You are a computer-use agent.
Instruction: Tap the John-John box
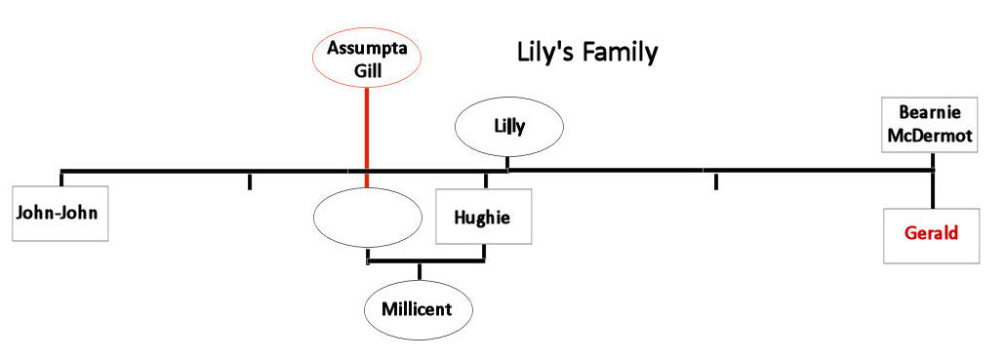coord(60,212)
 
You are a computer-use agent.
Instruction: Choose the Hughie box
coord(484,217)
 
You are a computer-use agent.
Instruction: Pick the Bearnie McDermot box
coord(928,124)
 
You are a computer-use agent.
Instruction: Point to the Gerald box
coord(931,234)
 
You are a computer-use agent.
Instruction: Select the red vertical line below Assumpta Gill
coord(366,132)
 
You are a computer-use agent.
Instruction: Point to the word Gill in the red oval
coord(366,69)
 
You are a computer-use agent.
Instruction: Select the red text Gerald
coord(931,234)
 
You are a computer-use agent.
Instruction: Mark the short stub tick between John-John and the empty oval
coord(250,180)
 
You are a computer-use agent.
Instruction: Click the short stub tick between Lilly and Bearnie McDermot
coord(716,180)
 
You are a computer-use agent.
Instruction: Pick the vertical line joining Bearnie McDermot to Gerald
coord(934,188)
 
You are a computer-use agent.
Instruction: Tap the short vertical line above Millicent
coord(420,271)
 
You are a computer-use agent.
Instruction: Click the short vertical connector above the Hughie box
coord(486,180)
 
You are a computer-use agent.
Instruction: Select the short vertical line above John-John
coord(62,178)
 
